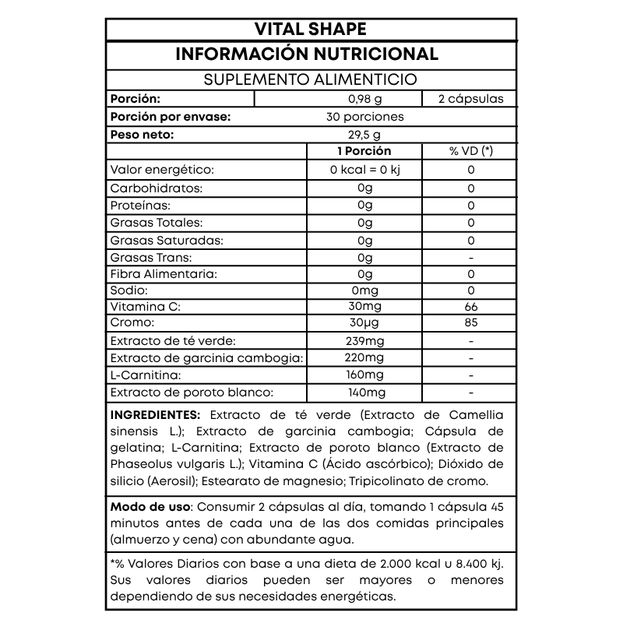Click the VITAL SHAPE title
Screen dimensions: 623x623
click(311, 29)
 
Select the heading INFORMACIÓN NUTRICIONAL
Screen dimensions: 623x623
click(311, 54)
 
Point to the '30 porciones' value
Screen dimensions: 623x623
click(364, 117)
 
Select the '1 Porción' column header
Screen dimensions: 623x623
click(364, 151)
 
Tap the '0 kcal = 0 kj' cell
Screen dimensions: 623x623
click(364, 170)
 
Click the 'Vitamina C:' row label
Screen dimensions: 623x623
click(146, 307)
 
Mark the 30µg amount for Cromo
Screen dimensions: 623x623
click(364, 322)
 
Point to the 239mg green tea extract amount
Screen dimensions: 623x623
click(364, 341)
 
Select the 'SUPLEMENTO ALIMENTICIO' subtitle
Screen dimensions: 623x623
click(311, 80)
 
